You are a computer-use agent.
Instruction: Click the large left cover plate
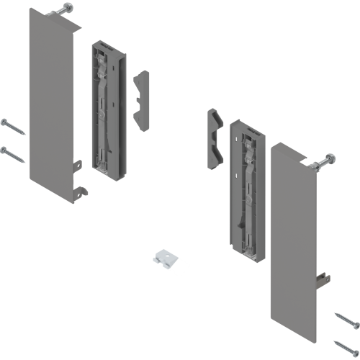49,101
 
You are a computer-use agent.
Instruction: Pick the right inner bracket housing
245,191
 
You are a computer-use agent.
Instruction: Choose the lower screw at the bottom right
346,344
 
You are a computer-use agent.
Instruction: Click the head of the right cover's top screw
330,158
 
